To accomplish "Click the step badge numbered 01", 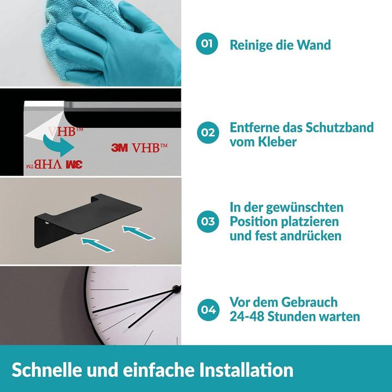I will tap(207, 44).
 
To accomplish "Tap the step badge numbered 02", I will tap(207, 132).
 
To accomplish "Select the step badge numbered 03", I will tap(207, 221).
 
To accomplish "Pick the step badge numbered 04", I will tap(207, 309).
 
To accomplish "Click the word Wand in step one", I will tap(313, 45).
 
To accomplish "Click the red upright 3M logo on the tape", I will tap(120, 147).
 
